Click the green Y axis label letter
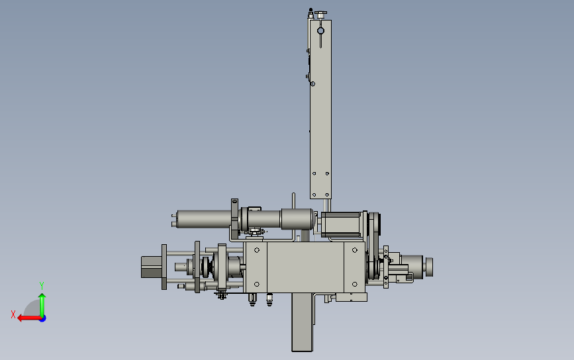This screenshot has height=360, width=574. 42,286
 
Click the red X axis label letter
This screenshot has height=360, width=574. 13,314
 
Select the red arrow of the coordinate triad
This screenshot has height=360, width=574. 29,318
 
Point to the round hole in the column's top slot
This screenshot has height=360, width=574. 320,31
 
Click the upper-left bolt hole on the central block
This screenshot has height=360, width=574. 257,250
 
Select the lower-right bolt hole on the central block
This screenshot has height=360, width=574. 354,285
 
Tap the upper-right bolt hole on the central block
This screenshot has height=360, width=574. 354,250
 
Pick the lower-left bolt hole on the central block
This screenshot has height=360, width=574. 257,285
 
